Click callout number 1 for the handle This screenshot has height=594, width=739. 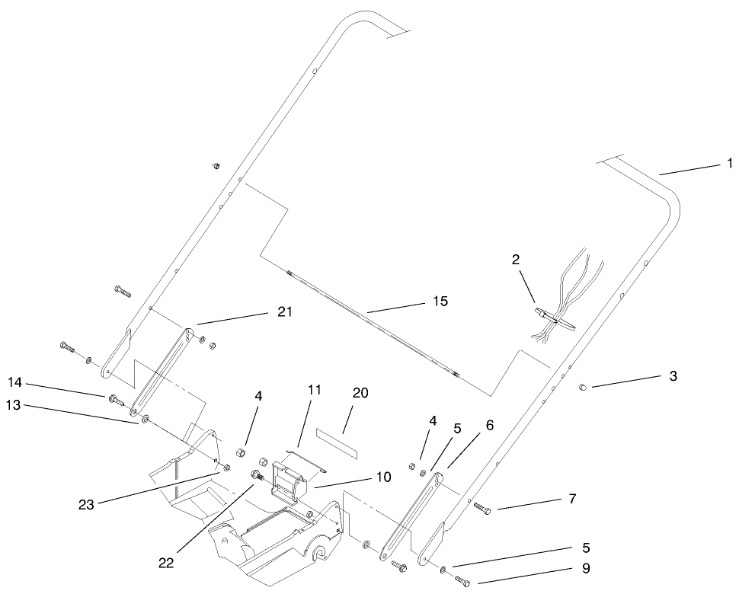(730, 164)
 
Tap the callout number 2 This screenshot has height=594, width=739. (516, 259)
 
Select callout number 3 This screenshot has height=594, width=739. (673, 376)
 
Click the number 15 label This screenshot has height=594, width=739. (440, 301)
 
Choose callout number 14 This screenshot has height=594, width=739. (14, 382)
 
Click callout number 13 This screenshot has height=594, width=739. (13, 404)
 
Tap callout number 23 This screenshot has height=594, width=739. (86, 505)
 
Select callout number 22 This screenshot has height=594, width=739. (166, 563)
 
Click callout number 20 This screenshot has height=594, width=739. (360, 392)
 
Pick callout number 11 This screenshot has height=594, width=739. (315, 390)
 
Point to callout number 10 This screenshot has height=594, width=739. (383, 477)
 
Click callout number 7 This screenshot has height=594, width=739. (572, 498)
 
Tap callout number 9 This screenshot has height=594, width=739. (586, 569)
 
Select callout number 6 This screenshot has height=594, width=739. (489, 426)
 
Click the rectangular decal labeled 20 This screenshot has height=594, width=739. (337, 444)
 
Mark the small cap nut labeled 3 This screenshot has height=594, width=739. (582, 387)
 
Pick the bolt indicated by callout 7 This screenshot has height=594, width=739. (482, 508)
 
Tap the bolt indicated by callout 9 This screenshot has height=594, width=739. (462, 581)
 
